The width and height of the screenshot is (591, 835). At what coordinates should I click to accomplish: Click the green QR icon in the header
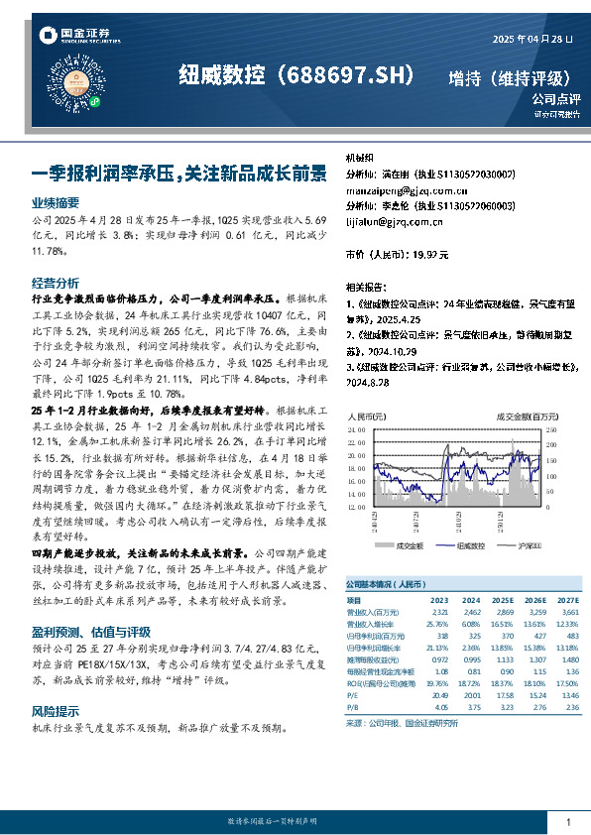[95, 100]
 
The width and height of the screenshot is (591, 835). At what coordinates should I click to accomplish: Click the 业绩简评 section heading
[56, 201]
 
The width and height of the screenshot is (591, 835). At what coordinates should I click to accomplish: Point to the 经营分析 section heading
[56, 282]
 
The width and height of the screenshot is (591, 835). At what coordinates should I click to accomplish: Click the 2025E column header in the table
[503, 601]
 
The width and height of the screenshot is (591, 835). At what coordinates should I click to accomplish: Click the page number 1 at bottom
[567, 822]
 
